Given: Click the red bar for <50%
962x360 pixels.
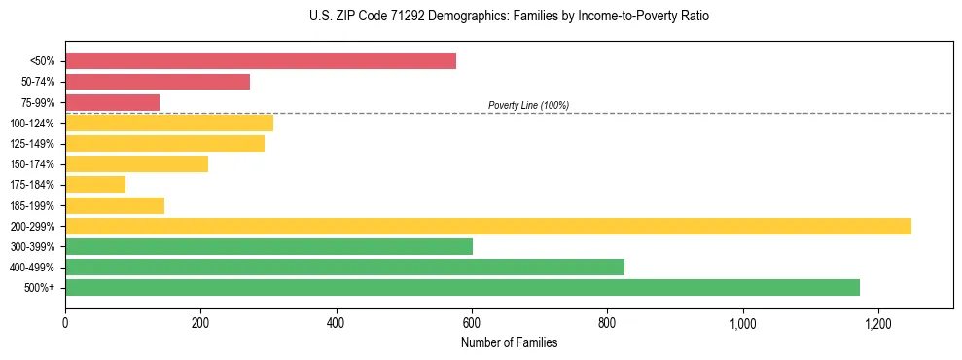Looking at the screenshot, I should point(261,61).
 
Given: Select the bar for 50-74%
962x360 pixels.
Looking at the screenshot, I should point(158,82).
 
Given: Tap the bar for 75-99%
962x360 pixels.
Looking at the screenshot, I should point(112,102).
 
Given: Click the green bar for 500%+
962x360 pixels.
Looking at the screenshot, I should point(462,287).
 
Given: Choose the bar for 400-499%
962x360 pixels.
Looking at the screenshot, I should point(344,267).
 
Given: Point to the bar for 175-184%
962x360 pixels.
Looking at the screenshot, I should point(95,184).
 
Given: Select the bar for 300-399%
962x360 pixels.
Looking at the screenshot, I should point(268,246).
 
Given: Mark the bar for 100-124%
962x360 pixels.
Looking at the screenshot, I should point(169,123).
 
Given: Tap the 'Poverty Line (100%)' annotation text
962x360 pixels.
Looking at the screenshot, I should point(528,105).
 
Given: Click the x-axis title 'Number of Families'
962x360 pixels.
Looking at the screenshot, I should point(509,342).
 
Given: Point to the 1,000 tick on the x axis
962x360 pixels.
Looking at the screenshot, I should point(742,323).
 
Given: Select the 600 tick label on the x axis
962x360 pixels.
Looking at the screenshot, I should point(472,323).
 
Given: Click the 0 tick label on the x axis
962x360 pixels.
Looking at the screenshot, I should point(65,323).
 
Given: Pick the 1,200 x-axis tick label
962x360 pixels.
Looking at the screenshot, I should point(877,323).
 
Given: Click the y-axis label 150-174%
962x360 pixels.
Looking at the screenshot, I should point(32,164).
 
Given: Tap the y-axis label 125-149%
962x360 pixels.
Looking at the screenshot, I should point(32,144).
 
